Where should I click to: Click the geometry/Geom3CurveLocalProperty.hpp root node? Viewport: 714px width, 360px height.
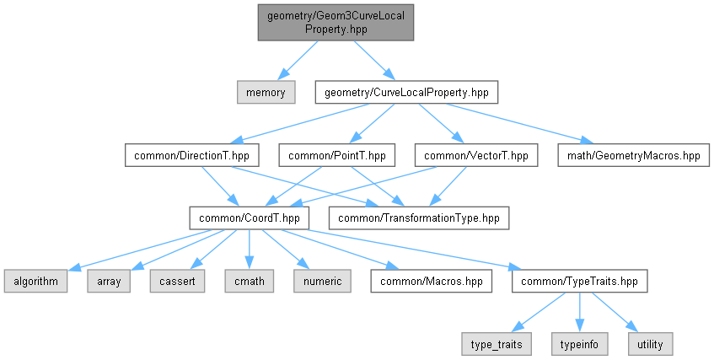[x=336, y=22]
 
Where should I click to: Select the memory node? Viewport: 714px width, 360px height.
[x=266, y=93]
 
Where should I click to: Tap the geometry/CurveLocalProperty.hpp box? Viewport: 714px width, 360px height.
[x=406, y=93]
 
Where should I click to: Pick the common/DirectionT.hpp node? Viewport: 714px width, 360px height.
[x=191, y=155]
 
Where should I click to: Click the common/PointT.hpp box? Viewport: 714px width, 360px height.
[x=337, y=155]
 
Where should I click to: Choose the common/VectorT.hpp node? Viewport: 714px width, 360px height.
[x=475, y=155]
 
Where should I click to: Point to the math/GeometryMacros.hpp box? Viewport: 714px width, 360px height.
[x=633, y=155]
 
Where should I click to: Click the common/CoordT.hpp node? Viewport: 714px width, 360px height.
[x=249, y=218]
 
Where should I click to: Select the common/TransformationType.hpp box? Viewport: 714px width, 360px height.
[x=419, y=218]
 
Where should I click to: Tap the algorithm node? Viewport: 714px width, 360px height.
[x=36, y=281]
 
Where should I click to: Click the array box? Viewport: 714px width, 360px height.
[x=109, y=281]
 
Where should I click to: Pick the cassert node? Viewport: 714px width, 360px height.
[x=177, y=281]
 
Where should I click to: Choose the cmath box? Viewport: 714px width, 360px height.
[x=249, y=281]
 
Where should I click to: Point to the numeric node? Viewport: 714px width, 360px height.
[x=322, y=281]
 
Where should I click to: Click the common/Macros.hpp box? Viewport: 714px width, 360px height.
[x=432, y=281]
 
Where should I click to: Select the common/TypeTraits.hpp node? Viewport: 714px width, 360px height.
[x=579, y=281]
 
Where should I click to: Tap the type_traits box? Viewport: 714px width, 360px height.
[x=497, y=344]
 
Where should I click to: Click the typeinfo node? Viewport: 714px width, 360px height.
[x=579, y=344]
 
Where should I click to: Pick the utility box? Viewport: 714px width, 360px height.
[x=650, y=344]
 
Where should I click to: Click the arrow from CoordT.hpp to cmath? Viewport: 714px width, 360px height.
[x=249, y=250]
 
